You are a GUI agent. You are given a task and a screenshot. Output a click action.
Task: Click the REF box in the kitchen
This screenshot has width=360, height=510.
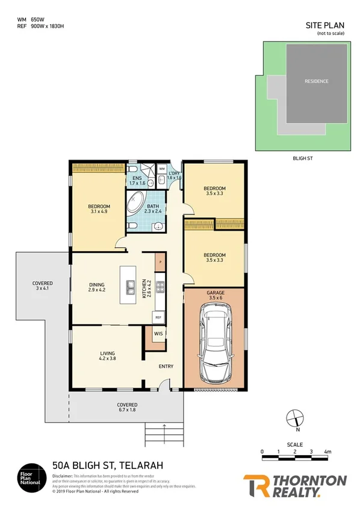159,317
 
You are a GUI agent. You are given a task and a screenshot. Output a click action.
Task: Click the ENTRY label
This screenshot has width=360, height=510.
166,366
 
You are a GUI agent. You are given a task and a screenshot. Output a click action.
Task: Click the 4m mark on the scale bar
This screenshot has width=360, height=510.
327,451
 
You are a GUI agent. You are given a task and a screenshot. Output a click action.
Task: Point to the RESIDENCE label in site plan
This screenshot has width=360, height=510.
316,81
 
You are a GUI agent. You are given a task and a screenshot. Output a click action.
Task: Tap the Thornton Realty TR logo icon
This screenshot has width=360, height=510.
255,487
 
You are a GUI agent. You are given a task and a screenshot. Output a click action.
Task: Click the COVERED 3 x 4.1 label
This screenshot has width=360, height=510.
43,286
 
